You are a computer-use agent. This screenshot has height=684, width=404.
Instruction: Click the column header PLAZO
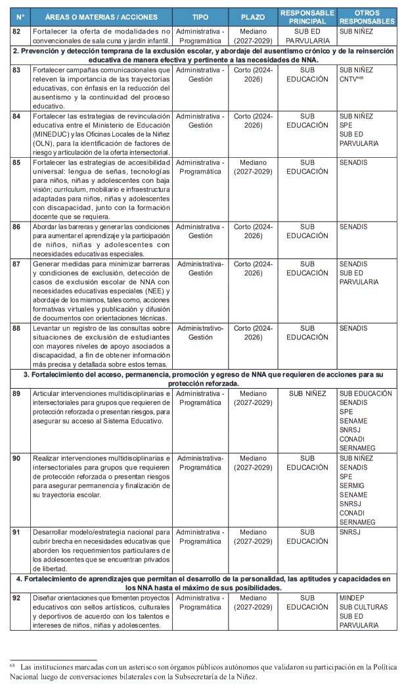coord(253,17)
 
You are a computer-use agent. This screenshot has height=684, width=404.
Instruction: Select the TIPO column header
coord(200,17)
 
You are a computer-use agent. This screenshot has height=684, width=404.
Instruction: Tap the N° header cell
coord(20,17)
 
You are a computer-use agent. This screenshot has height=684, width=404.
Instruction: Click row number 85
coord(17,162)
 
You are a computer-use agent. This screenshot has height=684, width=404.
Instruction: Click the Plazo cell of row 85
coord(253,167)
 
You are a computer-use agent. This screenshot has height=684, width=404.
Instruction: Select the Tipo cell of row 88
coord(200,333)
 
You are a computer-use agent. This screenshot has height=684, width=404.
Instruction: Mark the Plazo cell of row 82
coord(253,36)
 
